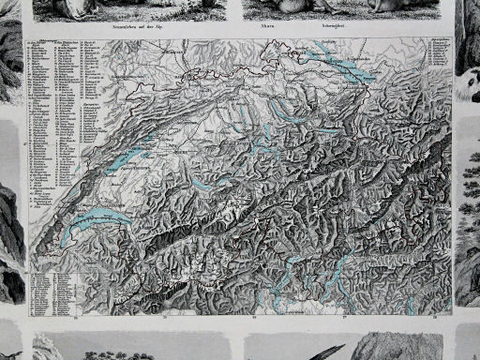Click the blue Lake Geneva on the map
tap(94, 223)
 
